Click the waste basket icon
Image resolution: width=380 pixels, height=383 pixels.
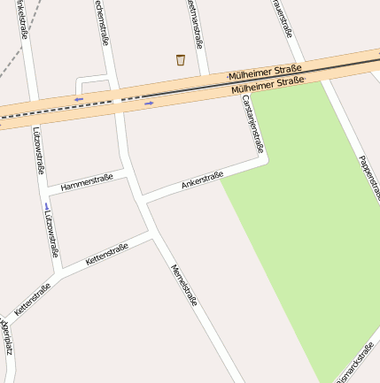coord(181,60)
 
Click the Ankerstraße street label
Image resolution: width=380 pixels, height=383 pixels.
coord(202,180)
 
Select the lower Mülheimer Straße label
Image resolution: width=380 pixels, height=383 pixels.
coord(268,87)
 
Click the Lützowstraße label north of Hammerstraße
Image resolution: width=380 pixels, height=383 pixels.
coord(39,155)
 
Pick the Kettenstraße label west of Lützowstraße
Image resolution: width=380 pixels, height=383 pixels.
coord(32,300)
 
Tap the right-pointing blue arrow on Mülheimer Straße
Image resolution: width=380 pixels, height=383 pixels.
coord(149,103)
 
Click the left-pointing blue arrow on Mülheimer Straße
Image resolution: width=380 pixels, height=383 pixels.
coord(80,99)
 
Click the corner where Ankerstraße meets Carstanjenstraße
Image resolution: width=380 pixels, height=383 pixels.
coord(265,160)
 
